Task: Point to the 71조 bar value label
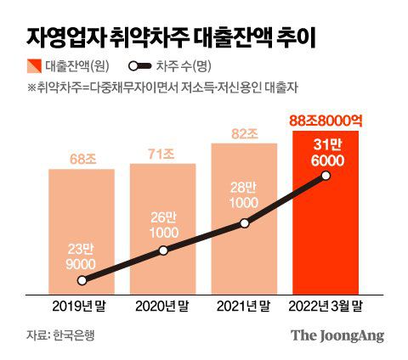click(163, 154)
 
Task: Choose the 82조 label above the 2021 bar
click(245, 132)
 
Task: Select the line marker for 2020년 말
click(163, 250)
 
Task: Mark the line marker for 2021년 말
click(245, 223)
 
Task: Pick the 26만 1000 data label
click(163, 225)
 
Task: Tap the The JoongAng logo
click(337, 335)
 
